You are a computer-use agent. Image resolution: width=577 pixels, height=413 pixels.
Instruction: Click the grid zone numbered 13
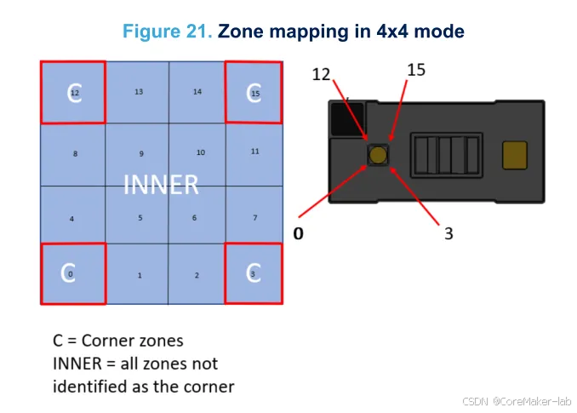click(138, 93)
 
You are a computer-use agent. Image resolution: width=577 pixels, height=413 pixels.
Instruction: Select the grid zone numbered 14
click(197, 93)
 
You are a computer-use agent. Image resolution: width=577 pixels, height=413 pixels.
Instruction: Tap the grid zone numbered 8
click(75, 154)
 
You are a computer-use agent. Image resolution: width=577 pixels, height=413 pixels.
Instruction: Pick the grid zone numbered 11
click(254, 153)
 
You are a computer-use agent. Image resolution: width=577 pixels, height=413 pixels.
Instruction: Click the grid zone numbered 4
click(72, 218)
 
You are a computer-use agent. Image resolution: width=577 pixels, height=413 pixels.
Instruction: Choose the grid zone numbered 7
click(254, 217)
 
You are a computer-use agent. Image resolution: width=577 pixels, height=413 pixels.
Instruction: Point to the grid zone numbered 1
click(138, 274)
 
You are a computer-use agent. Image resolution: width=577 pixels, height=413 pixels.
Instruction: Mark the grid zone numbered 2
click(197, 274)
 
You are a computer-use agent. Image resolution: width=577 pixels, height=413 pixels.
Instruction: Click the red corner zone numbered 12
click(73, 93)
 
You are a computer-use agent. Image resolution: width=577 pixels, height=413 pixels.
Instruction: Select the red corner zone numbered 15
click(254, 93)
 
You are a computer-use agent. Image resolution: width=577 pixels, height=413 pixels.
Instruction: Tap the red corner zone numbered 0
click(72, 273)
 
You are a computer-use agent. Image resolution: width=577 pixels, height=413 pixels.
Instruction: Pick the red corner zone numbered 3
click(253, 273)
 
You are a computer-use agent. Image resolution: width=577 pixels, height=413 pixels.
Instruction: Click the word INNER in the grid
click(161, 184)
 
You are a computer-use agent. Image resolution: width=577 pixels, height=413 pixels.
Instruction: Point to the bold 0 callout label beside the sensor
click(298, 232)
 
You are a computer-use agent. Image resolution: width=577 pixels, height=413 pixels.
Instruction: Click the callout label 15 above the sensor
click(415, 70)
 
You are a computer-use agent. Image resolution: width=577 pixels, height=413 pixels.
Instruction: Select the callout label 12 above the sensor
click(321, 75)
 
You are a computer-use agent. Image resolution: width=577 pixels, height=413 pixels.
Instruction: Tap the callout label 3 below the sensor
click(448, 232)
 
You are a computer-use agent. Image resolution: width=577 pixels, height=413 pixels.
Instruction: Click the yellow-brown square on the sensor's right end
click(515, 154)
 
